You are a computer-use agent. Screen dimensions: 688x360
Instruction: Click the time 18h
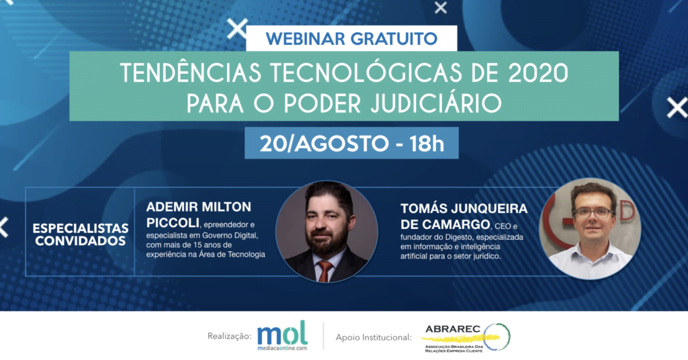(426, 144)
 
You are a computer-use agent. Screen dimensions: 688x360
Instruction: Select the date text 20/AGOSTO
(324, 144)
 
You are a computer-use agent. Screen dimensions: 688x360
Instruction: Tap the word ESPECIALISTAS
(81, 228)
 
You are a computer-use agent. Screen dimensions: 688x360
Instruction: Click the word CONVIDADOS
(81, 240)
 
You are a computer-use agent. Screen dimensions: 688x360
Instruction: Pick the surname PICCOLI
(173, 223)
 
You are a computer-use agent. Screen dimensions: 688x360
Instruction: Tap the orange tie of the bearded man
(324, 271)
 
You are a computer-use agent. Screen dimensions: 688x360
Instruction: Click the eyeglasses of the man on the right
(593, 213)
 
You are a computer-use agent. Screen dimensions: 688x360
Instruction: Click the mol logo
(282, 335)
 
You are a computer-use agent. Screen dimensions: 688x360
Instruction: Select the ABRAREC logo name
(453, 329)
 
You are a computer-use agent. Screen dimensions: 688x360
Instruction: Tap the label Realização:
(230, 336)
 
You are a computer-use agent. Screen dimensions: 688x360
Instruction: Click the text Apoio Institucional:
(374, 337)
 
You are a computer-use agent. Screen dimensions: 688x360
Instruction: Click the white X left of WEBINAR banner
(237, 29)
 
